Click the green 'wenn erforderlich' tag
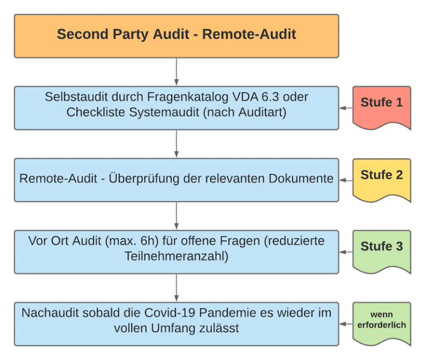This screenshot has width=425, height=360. click(381, 321)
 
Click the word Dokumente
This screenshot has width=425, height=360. click(301, 179)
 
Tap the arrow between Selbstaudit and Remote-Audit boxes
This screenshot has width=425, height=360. click(177, 144)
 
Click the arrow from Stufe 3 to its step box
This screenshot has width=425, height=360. click(346, 252)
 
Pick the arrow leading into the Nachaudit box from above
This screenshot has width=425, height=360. click(177, 288)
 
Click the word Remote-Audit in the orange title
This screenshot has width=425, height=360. click(249, 34)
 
